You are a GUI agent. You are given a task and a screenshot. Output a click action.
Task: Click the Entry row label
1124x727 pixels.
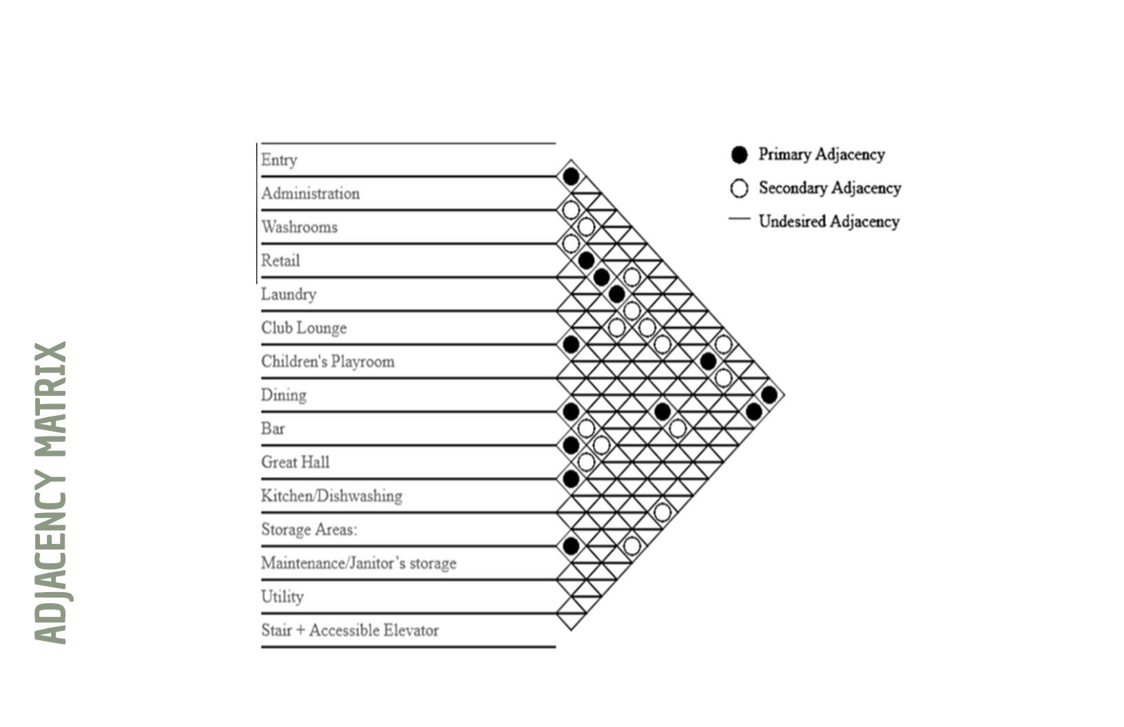point(279,160)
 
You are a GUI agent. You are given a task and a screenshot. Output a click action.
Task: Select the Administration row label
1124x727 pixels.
point(310,193)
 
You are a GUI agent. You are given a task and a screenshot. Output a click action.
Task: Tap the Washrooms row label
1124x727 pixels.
point(299,227)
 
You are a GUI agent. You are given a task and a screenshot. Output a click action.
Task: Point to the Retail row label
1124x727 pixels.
point(280,261)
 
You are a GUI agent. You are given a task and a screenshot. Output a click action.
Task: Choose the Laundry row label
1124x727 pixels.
point(289,295)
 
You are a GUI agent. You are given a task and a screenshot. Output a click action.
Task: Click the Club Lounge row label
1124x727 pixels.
point(304,328)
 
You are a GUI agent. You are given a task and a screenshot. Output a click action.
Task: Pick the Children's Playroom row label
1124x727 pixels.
point(328,361)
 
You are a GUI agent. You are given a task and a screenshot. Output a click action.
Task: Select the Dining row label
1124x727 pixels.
point(284,395)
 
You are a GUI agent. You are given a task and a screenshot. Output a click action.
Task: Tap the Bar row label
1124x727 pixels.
point(273,429)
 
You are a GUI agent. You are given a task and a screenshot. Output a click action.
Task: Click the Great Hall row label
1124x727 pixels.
point(295,462)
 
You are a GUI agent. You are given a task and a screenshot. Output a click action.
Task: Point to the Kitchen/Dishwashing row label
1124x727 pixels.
point(331,496)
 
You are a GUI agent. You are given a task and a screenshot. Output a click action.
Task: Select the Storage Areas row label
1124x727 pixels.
point(309,529)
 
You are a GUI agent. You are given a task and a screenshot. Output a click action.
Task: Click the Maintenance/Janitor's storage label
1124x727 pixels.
point(358,563)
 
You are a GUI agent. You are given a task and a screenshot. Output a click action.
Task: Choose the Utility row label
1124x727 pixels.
point(282,597)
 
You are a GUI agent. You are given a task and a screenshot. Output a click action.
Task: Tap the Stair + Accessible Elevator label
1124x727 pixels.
point(350,630)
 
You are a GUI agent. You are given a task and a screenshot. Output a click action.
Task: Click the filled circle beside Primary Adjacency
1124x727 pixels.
point(739,155)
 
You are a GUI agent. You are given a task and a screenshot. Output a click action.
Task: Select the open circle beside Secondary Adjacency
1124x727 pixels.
point(739,189)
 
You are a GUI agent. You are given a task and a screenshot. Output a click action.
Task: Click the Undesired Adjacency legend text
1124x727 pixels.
point(829,222)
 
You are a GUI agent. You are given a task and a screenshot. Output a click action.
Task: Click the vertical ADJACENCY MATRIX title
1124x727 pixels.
point(51,493)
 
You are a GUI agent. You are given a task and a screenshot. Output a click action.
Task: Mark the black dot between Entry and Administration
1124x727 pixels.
point(571,176)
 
